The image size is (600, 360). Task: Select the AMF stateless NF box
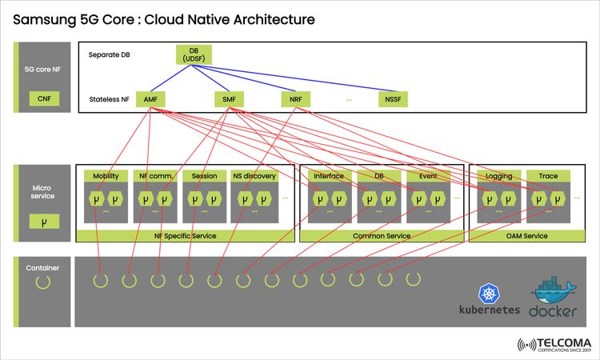pyautogui.click(x=150, y=100)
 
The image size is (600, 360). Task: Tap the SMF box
pyautogui.click(x=229, y=100)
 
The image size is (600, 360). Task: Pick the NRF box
pyautogui.click(x=295, y=100)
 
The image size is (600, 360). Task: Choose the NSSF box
pyautogui.click(x=393, y=100)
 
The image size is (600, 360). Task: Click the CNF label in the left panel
pyautogui.click(x=43, y=99)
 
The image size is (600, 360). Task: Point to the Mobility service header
pyautogui.click(x=106, y=176)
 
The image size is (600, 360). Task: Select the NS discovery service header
pyautogui.click(x=254, y=176)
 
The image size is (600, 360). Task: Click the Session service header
pyautogui.click(x=204, y=176)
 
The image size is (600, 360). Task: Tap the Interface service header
pyautogui.click(x=328, y=176)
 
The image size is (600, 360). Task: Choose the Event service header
pyautogui.click(x=427, y=176)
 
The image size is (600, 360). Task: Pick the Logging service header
pyautogui.click(x=498, y=176)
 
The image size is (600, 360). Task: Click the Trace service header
pyautogui.click(x=548, y=176)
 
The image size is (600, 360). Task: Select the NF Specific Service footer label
pyautogui.click(x=184, y=236)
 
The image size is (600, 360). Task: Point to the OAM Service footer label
pyautogui.click(x=526, y=236)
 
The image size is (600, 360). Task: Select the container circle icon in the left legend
pyautogui.click(x=43, y=282)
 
